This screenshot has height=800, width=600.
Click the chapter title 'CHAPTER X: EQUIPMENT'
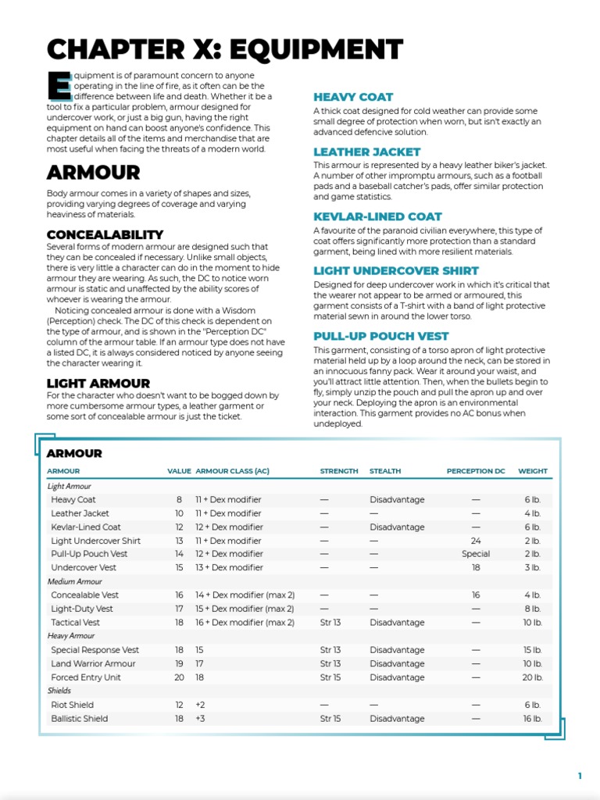(225, 50)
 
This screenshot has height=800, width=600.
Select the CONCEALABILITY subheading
(105, 234)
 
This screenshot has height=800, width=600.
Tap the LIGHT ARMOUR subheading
(98, 384)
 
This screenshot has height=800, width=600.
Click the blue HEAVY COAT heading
(353, 97)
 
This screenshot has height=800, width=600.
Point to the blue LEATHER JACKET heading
(366, 152)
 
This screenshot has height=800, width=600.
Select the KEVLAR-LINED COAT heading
(377, 216)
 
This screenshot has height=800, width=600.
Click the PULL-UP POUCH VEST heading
(380, 336)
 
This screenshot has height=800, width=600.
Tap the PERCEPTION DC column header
(476, 471)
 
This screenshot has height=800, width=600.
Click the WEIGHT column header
(533, 471)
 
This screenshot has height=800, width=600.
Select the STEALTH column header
(384, 471)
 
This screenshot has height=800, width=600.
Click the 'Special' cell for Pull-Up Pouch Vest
(476, 554)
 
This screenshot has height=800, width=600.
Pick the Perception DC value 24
(476, 541)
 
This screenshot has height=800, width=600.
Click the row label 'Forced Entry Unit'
(86, 677)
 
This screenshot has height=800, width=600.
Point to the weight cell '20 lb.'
(532, 677)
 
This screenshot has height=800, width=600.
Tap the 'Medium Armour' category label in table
(75, 581)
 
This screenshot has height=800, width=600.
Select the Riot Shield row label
(72, 705)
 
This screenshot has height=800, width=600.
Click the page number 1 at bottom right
(580, 776)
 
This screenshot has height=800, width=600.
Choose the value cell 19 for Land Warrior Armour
(179, 663)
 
